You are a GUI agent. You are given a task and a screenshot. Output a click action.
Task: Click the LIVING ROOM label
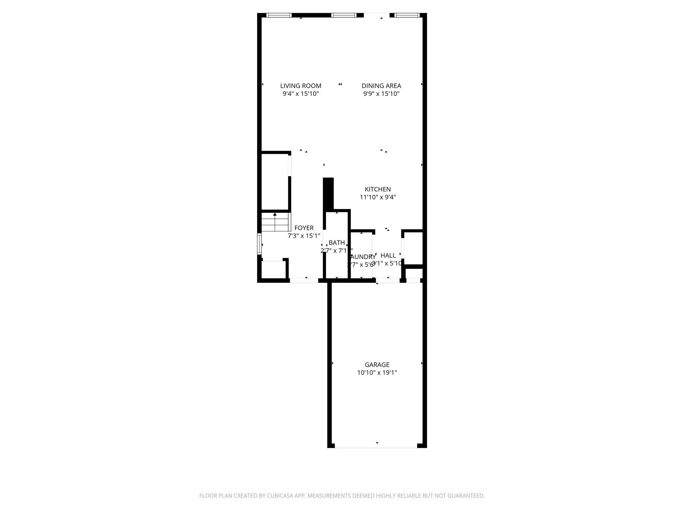301,86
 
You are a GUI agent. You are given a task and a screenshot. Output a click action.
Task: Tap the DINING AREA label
381,86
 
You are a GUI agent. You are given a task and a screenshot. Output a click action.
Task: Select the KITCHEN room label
377,189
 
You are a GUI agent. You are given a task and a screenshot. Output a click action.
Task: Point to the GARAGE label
377,365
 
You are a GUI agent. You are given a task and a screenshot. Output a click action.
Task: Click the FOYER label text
304,228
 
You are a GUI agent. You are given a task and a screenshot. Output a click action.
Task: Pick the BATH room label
336,242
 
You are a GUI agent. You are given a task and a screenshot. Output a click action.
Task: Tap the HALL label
388,255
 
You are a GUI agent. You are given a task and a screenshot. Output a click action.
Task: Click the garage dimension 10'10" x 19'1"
377,373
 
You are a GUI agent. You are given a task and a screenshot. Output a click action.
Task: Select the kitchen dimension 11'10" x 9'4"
377,197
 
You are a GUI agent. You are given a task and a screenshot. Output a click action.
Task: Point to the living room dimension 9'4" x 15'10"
301,94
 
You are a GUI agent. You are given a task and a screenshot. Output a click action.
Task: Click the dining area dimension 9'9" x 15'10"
381,94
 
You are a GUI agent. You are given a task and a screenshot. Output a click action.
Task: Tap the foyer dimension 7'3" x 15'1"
304,236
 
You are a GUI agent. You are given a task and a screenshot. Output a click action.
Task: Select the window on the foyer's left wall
259,244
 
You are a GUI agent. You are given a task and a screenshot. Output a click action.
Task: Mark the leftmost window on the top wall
279,15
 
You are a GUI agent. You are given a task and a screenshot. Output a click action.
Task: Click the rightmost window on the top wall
406,15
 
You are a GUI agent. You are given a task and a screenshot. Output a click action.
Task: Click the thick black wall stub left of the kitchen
328,194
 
